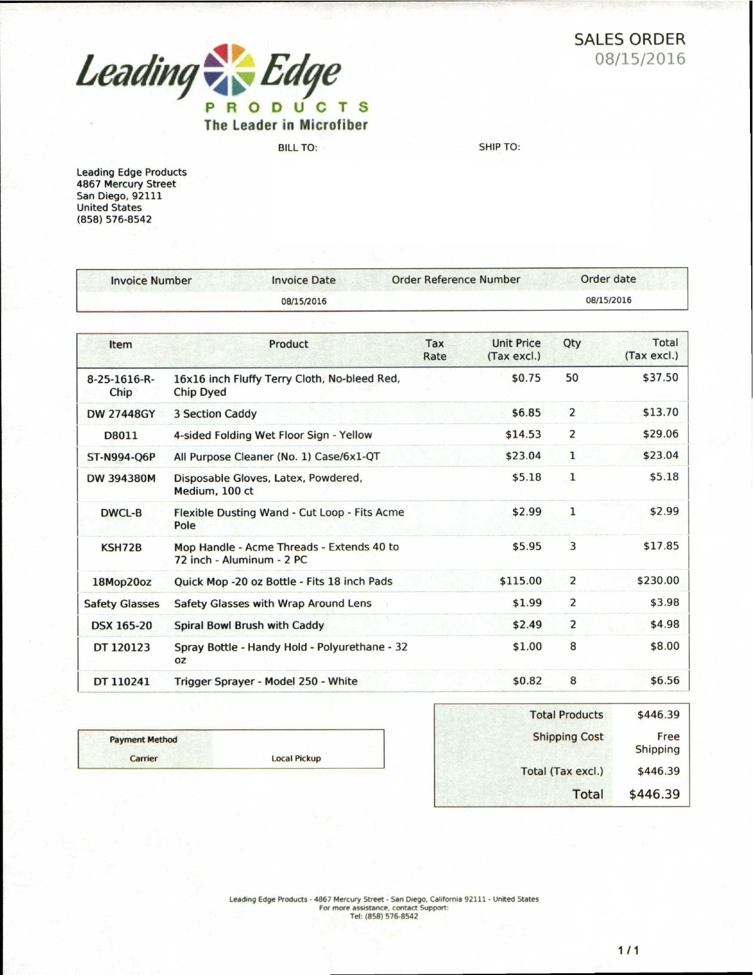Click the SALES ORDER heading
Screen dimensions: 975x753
point(629,39)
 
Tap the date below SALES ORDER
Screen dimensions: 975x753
point(640,59)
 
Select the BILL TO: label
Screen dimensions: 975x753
point(297,147)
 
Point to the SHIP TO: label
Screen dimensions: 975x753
point(499,147)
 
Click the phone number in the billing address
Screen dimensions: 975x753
point(114,219)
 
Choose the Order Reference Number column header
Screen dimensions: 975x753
point(455,279)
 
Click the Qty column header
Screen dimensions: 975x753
point(571,343)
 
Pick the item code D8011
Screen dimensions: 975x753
point(120,435)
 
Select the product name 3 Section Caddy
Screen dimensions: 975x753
point(215,414)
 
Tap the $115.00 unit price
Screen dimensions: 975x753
point(520,581)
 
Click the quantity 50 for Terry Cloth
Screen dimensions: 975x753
point(571,378)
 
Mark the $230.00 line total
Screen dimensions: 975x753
point(658,581)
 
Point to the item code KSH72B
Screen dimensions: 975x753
point(121,547)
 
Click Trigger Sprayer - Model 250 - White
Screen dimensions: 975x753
point(266,681)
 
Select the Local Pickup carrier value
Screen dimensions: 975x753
point(296,758)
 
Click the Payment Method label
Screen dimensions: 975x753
point(143,739)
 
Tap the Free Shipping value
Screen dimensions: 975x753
point(657,743)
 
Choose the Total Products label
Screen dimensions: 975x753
point(566,714)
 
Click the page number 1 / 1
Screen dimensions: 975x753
point(628,950)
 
